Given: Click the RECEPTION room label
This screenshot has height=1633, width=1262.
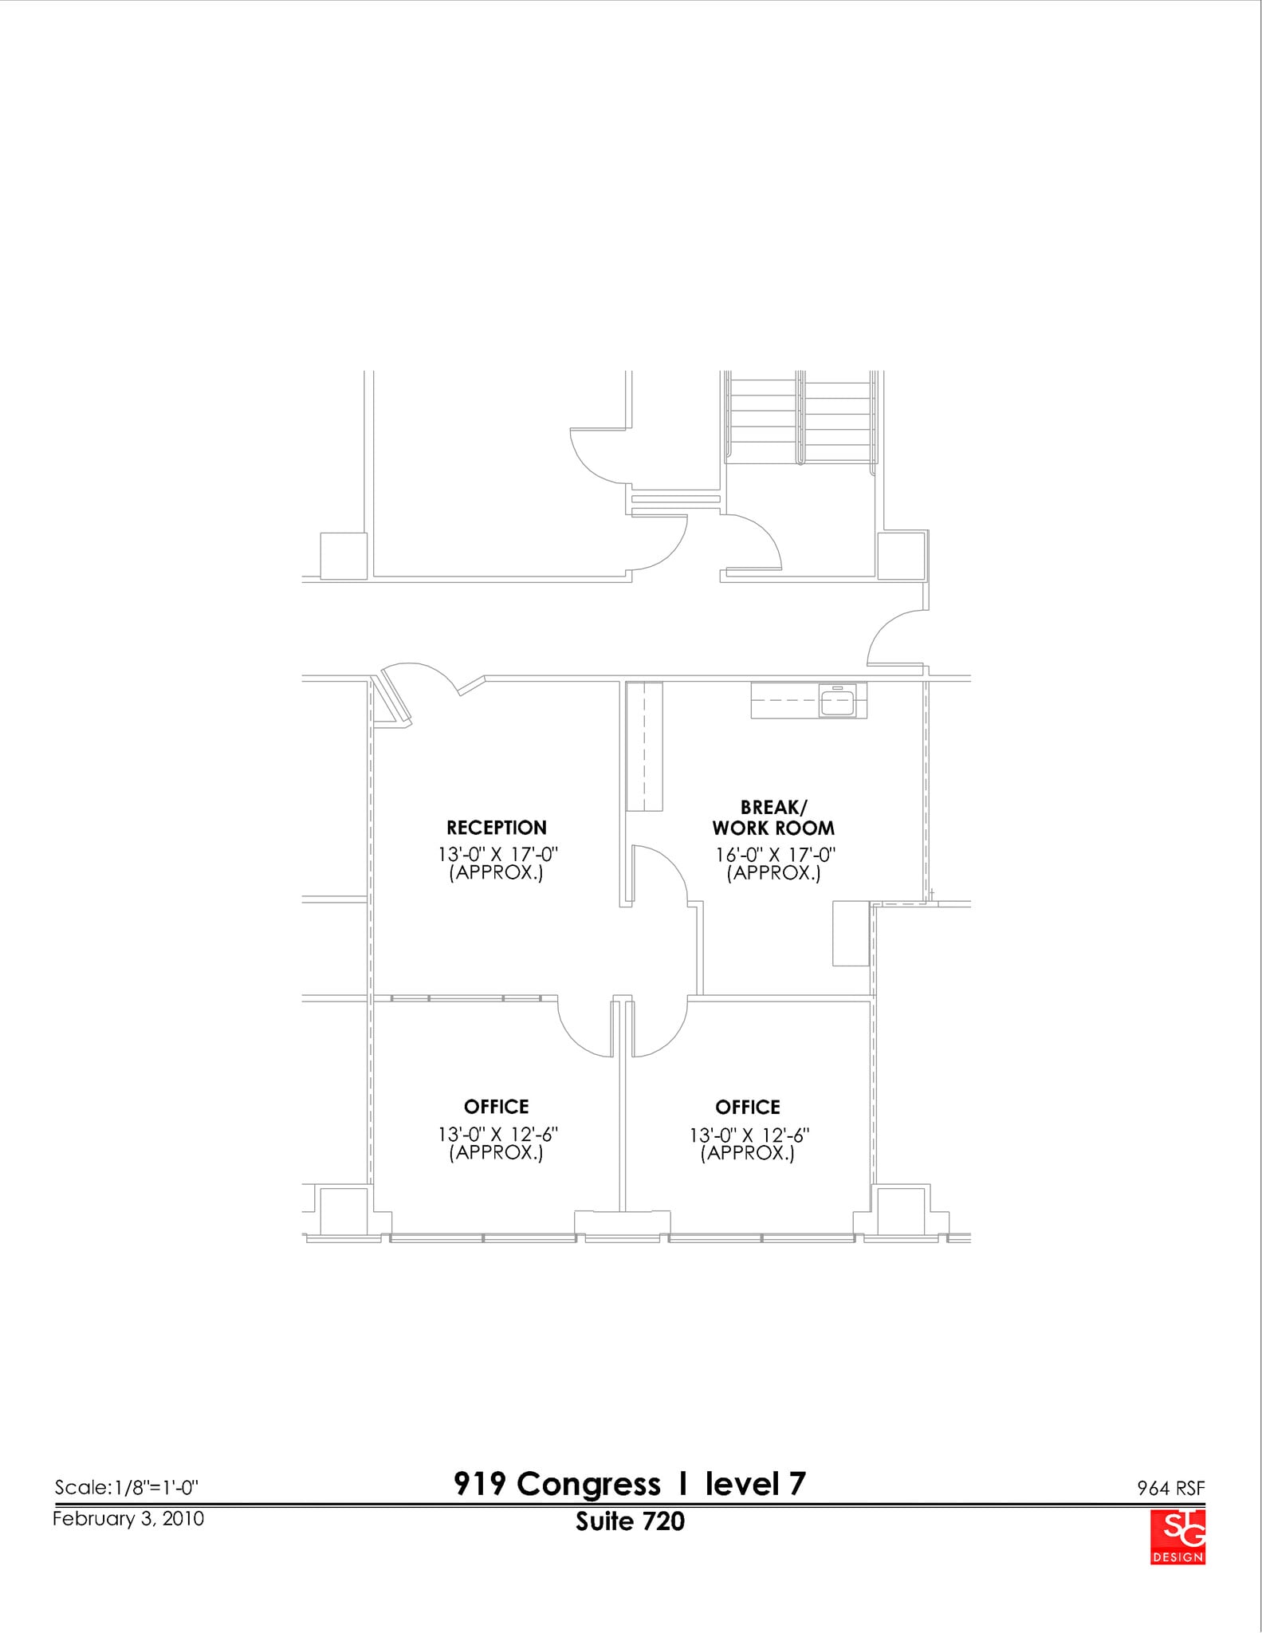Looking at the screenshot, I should (496, 828).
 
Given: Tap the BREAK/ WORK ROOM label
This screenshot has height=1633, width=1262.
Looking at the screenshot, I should (773, 818).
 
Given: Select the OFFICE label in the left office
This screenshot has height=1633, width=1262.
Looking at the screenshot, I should (496, 1107).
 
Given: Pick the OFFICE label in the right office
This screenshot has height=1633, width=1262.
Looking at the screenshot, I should (747, 1107).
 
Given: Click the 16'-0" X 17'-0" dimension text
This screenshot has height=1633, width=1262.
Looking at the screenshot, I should (775, 855).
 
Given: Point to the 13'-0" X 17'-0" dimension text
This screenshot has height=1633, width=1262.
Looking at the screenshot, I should (497, 855).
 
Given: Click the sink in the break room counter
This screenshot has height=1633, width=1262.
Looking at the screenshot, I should (837, 702).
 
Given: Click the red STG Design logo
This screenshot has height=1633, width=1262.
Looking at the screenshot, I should (1177, 1537).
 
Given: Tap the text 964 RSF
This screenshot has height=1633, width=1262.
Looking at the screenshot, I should (1170, 1488).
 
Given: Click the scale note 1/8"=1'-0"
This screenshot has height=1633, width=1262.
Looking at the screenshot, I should (126, 1487).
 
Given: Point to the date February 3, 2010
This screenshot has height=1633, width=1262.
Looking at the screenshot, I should (128, 1518).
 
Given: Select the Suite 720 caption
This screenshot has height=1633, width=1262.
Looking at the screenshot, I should (630, 1521).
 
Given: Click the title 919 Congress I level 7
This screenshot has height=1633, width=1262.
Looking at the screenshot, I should (630, 1484).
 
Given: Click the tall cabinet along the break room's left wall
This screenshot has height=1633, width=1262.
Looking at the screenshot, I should (644, 746).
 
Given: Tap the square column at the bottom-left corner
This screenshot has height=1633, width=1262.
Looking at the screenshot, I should (344, 1211).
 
